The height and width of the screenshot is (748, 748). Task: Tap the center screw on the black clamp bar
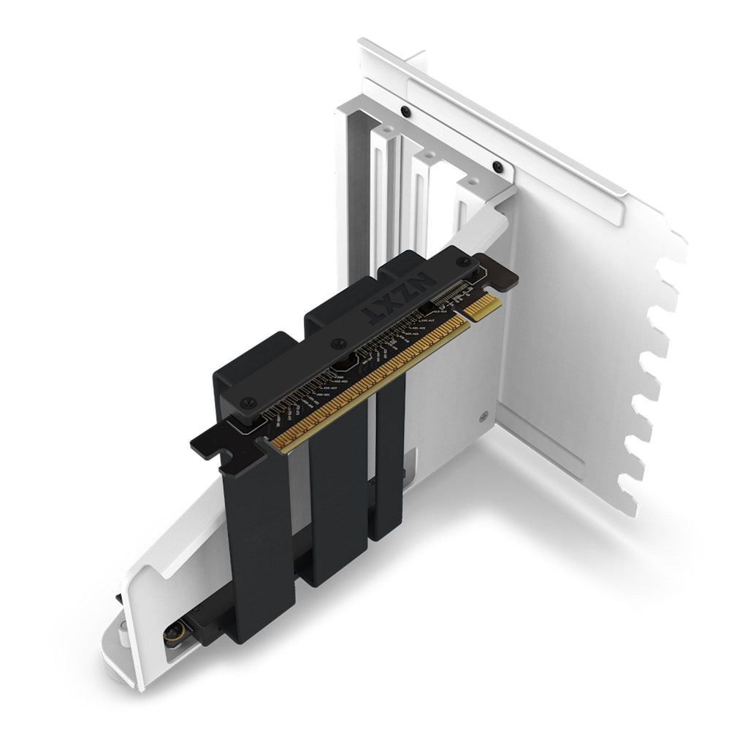[337, 343]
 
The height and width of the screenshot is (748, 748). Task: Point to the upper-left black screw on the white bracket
[405, 111]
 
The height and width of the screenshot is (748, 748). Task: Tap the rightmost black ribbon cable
[387, 467]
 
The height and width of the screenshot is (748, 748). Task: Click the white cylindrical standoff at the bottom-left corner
[123, 635]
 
